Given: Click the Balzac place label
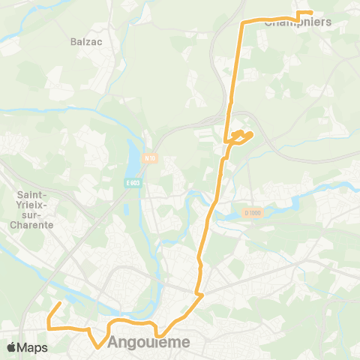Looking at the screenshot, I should (85, 42).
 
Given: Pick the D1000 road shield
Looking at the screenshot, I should (254, 213).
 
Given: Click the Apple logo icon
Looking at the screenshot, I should (13, 347).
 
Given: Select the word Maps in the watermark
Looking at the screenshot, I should (33, 347).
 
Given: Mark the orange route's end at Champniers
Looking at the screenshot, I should (311, 13).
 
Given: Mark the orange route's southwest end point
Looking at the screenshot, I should (60, 304).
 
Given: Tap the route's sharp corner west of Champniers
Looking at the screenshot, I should (241, 23).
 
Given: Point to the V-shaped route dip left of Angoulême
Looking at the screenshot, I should (97, 346).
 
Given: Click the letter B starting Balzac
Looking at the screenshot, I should (73, 42).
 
